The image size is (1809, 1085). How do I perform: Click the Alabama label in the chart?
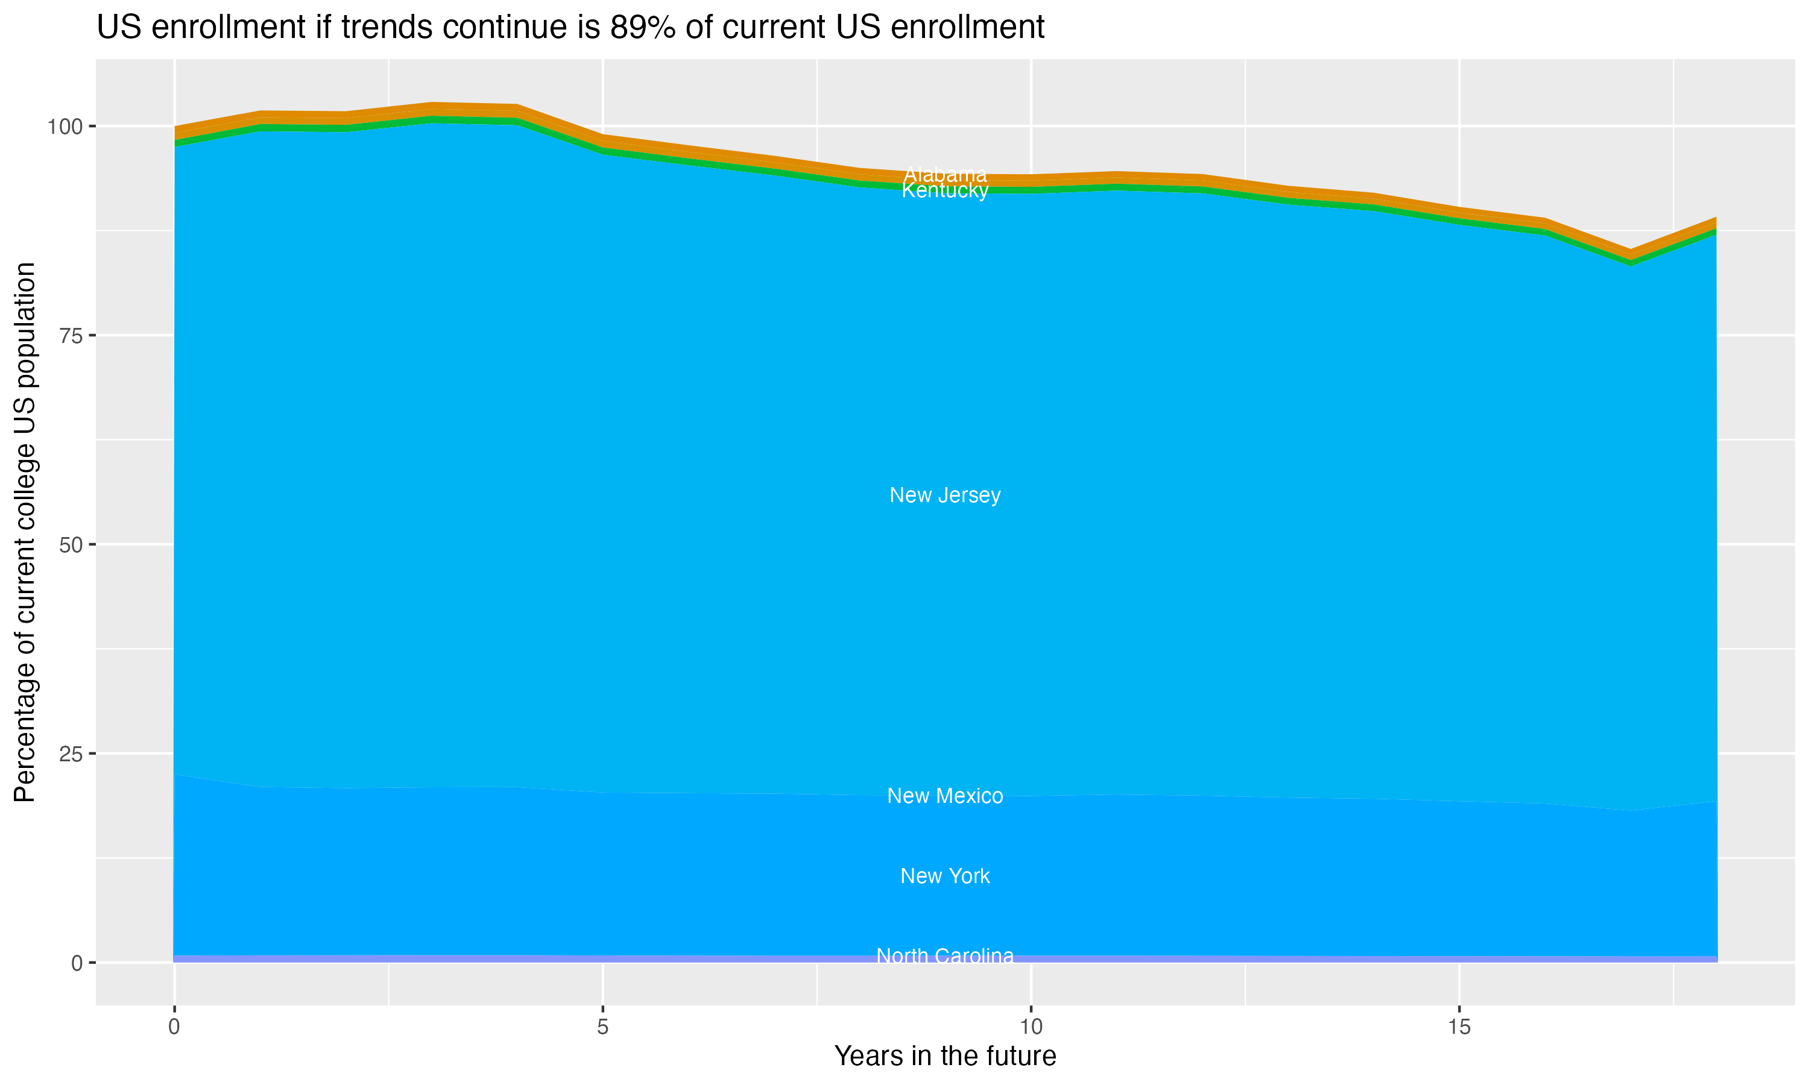[945, 175]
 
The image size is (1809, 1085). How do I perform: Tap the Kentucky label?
[945, 191]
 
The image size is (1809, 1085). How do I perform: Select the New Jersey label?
[945, 495]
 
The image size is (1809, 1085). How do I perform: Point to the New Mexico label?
[945, 796]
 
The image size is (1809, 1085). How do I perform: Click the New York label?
[945, 876]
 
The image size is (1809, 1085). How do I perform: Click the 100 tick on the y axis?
[65, 127]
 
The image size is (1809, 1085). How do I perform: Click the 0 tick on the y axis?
[76, 963]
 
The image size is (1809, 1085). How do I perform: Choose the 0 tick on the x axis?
[174, 1027]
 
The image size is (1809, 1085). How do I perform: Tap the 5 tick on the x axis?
[602, 1027]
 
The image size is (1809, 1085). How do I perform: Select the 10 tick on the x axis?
[1031, 1027]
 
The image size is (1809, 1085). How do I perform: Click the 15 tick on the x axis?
[1459, 1027]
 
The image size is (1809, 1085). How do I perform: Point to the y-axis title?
[25, 532]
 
